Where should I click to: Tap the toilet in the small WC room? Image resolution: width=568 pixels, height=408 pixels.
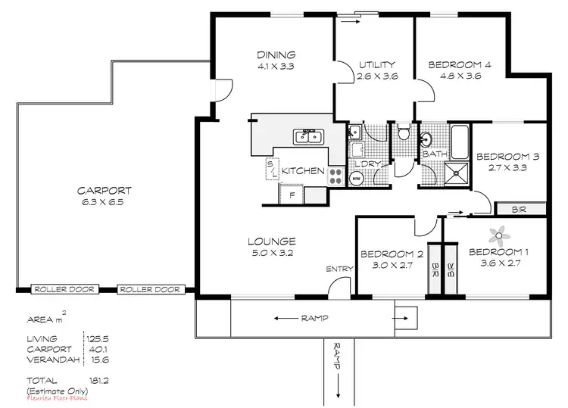tap(404, 135)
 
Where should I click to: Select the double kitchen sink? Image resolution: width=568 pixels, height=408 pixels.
tap(310, 136)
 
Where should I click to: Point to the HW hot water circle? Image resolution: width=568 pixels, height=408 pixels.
tap(356, 179)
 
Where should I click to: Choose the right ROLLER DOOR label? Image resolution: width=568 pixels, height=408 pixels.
tap(149, 289)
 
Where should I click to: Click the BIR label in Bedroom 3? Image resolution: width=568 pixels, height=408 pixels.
tap(520, 207)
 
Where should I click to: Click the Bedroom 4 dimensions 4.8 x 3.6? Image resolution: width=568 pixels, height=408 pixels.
tap(460, 76)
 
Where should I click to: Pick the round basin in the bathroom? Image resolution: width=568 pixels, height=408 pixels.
tap(427, 139)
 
